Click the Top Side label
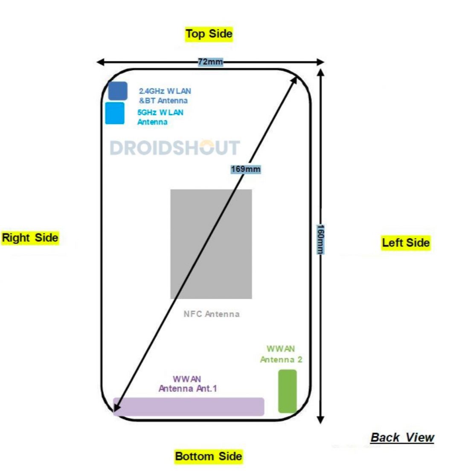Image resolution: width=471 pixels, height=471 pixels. pos(209,34)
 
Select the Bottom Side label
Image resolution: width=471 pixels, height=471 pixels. pos(209,456)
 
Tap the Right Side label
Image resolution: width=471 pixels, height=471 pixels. pos(30,238)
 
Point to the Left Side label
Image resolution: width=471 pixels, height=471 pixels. pos(406,243)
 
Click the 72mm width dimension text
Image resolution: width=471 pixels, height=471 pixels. pos(210,62)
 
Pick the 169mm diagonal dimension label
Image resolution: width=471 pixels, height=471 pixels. pos(245,169)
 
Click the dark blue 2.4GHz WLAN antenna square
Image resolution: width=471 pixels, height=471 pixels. pos(117,91)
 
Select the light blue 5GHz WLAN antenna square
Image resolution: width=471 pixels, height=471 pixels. pos(115,113)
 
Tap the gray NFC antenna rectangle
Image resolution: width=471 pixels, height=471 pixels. pos(211,244)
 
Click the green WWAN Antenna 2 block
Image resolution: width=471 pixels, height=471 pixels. pos(287,391)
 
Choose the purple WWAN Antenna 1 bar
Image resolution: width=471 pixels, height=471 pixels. pos(189,407)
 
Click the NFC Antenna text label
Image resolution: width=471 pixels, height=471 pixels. pos(211,314)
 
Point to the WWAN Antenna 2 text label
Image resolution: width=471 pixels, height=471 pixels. pos(281,354)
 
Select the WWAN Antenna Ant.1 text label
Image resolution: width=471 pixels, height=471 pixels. pos(188,384)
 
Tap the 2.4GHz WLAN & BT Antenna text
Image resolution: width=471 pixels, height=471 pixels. pos(164,96)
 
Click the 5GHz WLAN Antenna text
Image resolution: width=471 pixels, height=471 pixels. pos(160,117)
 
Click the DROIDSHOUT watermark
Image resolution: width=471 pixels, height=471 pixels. pos(175,148)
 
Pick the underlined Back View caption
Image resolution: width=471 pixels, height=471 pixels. pos(402,437)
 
